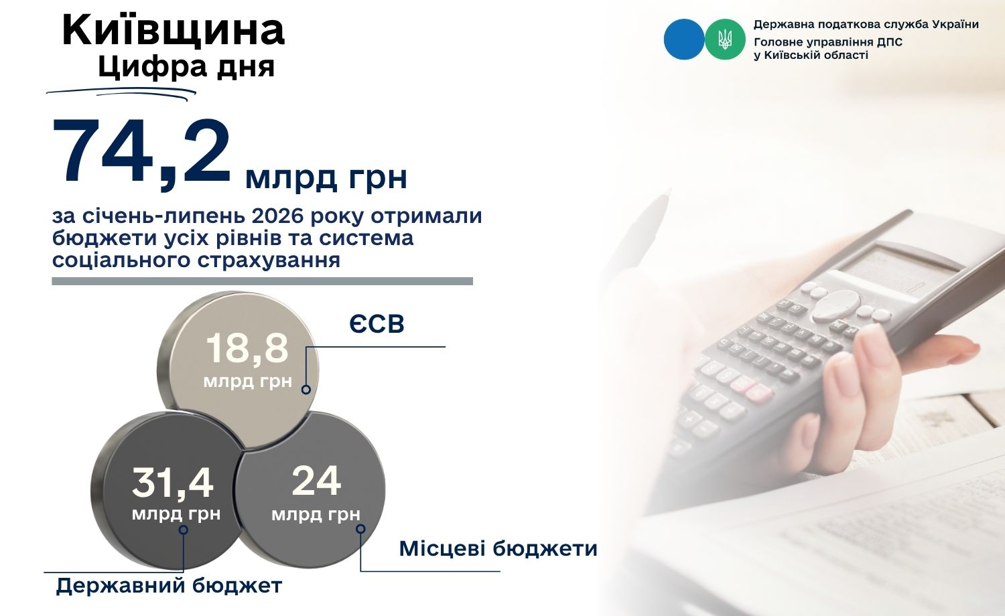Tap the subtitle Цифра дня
186,67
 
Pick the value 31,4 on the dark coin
173,482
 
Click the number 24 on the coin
316,481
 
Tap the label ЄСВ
377,323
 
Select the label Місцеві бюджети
498,549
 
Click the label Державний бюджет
169,586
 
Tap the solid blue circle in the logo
684,39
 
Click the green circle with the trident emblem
725,39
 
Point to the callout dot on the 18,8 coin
306,390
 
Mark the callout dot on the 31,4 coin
183,530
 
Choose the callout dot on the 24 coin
360,529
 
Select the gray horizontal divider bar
263,281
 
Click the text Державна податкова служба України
866,25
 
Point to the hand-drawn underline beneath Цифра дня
121,92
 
